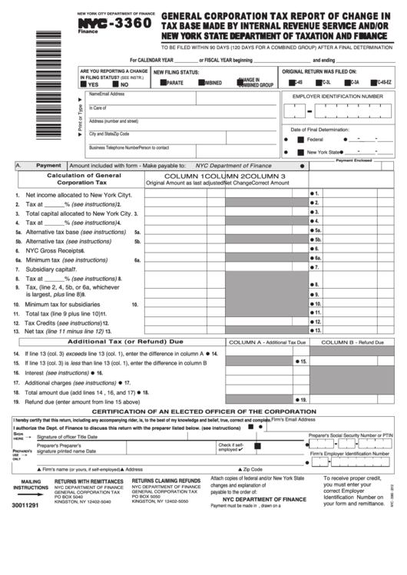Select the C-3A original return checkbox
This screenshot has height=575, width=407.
coord(345,81)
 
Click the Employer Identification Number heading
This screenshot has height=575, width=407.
coord(337,96)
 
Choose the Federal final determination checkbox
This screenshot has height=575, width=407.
coord(301,140)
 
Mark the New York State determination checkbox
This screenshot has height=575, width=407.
coord(301,152)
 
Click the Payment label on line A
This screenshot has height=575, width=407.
coord(48,165)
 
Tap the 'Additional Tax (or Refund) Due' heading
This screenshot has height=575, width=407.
coord(126,341)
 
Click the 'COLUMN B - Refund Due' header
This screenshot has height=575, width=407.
coord(352,342)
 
